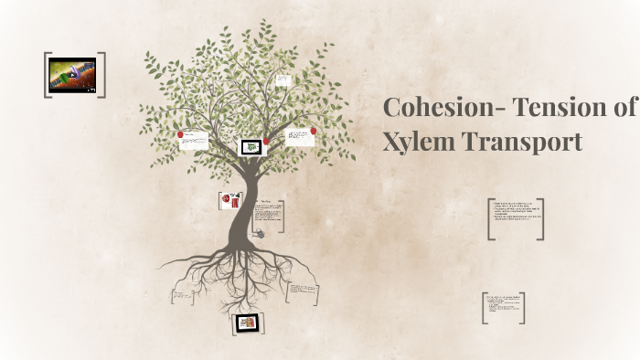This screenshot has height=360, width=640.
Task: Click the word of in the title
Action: click(623, 108)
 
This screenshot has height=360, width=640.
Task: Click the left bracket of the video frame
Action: click(46, 75)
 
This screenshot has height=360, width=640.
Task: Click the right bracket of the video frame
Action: click(102, 75)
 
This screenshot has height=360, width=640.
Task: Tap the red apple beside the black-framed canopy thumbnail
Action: click(266, 142)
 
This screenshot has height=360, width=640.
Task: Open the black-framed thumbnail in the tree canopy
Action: click(251, 146)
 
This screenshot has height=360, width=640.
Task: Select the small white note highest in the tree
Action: click(283, 80)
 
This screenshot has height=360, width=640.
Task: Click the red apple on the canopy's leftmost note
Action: click(181, 134)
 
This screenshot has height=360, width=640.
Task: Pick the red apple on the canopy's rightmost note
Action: click(314, 131)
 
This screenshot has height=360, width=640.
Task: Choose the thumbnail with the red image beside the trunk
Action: click(229, 201)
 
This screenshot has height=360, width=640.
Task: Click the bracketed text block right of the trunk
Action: click(268, 215)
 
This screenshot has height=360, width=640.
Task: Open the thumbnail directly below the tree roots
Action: click(246, 323)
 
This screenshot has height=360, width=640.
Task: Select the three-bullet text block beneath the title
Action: click(516, 218)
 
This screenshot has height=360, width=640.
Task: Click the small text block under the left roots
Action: click(181, 296)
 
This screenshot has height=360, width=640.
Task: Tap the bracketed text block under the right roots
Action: click(304, 292)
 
